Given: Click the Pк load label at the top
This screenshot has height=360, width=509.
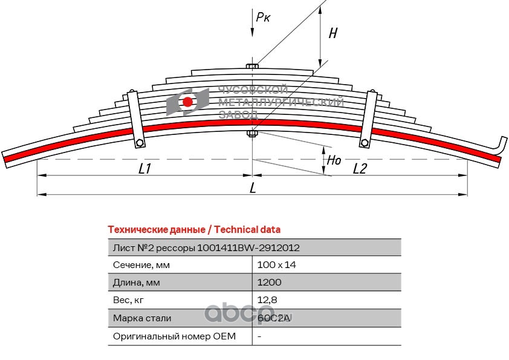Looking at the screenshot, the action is (x=263, y=17).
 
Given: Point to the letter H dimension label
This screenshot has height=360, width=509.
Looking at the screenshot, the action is (x=333, y=33).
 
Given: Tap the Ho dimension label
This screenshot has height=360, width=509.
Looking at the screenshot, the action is (x=334, y=160).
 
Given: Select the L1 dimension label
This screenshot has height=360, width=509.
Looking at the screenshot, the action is (x=144, y=169).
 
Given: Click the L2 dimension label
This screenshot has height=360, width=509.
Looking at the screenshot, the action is (x=360, y=169).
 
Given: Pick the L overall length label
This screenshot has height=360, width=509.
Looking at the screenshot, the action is (x=253, y=188).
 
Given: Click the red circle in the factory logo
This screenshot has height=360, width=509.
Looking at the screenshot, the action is (x=187, y=102).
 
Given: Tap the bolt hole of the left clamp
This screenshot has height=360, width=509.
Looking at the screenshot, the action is (x=140, y=143).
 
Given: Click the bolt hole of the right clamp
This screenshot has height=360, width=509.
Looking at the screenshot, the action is (x=365, y=143).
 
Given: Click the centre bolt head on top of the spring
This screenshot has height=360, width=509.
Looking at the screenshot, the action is (x=252, y=67).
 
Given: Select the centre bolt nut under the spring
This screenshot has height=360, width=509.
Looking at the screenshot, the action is (x=252, y=133).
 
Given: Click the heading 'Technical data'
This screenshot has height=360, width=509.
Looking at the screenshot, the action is (x=247, y=230).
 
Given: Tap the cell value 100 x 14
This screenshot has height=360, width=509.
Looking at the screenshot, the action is (x=277, y=265).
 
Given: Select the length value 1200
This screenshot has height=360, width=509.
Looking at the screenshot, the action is (x=270, y=283).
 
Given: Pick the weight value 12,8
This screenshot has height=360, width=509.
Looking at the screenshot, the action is (x=267, y=300).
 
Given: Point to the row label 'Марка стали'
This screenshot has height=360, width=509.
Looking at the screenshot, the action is (x=142, y=318).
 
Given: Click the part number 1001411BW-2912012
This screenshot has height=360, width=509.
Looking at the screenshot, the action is (x=248, y=248).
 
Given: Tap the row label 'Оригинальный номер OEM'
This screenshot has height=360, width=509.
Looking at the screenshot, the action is (x=174, y=336).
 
